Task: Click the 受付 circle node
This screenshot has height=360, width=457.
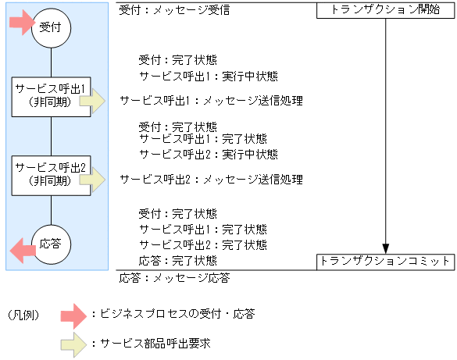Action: point(51,28)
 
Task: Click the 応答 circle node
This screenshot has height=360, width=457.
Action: point(51,244)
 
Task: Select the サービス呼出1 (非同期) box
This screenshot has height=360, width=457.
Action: point(50,96)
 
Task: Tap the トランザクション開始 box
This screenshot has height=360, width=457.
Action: point(385,11)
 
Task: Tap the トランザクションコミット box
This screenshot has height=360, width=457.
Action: point(385,262)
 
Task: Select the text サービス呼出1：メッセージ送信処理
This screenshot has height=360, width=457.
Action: point(211,102)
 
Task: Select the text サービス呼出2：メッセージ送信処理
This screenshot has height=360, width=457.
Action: point(211,180)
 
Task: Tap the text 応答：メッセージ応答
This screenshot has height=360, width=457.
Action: point(174,277)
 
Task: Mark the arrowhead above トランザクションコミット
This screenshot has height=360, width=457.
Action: point(385,248)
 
